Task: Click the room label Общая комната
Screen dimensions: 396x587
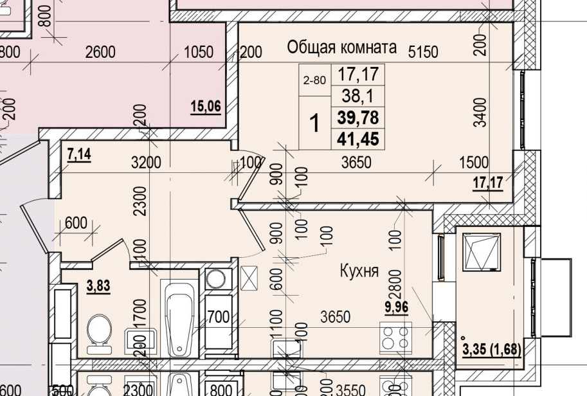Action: click(341, 47)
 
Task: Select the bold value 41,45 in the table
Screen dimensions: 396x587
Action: click(358, 138)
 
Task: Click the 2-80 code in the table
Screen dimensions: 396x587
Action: click(314, 80)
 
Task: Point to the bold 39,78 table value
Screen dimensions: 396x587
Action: click(358, 117)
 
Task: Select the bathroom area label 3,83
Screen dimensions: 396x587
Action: click(98, 287)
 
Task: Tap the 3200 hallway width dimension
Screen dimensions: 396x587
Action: click(145, 163)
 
